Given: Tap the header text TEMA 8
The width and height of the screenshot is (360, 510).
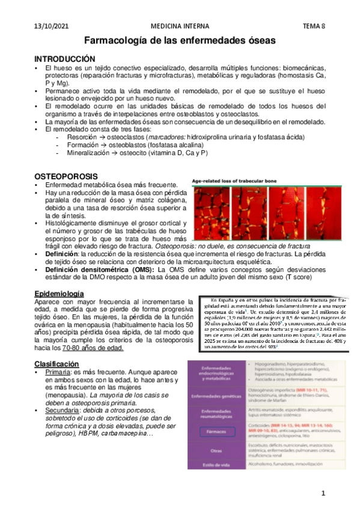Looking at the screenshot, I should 313,26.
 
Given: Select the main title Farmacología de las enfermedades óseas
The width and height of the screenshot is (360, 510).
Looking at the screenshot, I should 179,41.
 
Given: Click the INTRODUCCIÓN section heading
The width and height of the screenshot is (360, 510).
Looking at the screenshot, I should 64,59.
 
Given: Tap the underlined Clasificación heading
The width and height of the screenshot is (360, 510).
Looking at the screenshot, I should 56,364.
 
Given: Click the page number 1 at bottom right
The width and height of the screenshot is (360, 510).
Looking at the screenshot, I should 323,494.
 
